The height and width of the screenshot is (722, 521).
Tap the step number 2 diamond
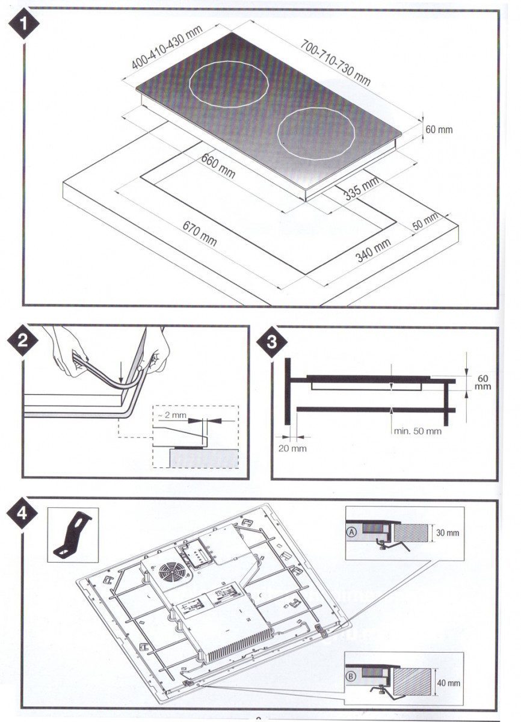22,341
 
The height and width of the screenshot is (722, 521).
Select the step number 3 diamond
271,342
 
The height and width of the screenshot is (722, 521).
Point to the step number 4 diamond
22,513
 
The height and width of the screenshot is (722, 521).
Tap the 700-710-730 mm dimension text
336,62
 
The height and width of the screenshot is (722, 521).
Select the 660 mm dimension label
218,166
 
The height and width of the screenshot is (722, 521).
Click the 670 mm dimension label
200,233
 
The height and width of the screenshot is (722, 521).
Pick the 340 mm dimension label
373,250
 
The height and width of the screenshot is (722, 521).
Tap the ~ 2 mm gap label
172,415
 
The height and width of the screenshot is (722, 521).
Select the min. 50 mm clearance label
418,431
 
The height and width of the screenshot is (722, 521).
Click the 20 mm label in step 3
292,448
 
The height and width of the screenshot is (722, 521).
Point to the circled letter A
351,532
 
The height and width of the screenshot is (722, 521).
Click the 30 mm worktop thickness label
448,533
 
